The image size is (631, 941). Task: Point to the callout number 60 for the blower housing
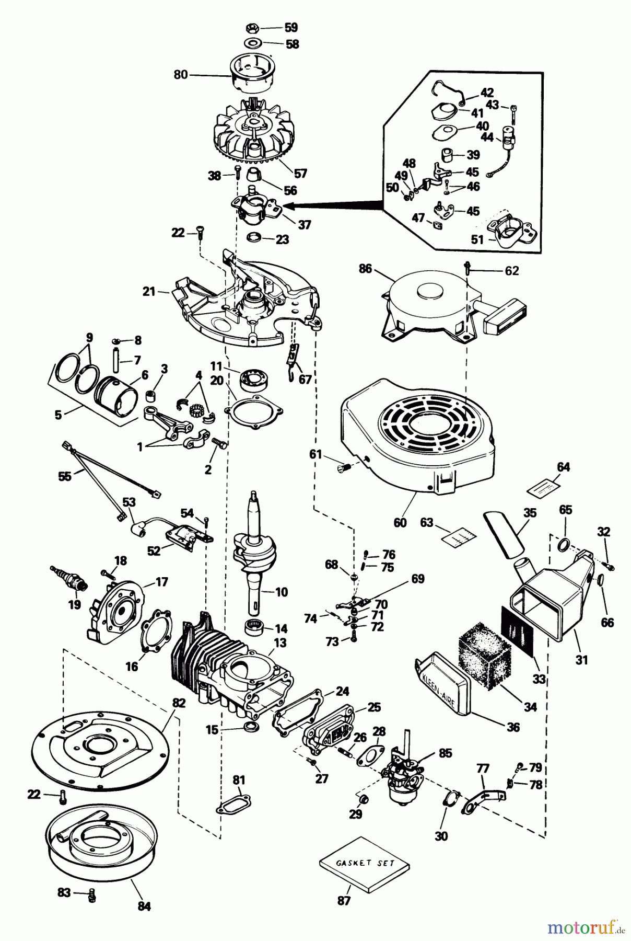(x=400, y=522)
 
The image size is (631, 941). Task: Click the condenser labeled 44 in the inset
(x=509, y=139)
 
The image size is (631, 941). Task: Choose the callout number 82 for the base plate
(x=179, y=703)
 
